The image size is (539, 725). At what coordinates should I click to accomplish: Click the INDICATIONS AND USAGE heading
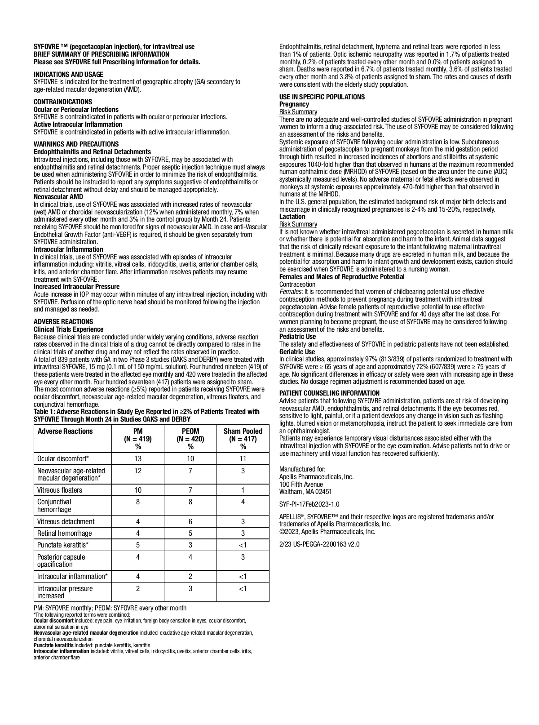tap(68, 75)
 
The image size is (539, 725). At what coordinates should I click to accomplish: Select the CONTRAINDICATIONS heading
tap(63, 102)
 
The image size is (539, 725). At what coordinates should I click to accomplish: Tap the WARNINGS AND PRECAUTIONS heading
tap(76, 144)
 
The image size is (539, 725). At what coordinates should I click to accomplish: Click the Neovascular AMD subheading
tap(58, 197)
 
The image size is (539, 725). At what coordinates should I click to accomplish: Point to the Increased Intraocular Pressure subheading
tap(77, 287)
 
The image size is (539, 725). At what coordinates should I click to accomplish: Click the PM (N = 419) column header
tap(138, 439)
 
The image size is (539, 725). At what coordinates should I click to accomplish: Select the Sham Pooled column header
tap(243, 439)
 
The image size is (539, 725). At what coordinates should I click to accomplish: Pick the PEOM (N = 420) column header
tap(190, 439)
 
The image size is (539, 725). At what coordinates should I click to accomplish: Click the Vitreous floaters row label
tap(60, 490)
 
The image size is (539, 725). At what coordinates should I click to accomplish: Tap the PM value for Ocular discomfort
tap(138, 459)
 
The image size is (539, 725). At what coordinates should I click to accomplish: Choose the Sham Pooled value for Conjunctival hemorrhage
tap(243, 502)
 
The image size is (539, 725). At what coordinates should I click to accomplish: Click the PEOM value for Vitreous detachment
tap(190, 522)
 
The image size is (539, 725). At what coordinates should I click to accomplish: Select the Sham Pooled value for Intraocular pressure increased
tap(243, 589)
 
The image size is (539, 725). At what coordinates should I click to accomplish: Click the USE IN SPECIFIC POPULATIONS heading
tap(322, 97)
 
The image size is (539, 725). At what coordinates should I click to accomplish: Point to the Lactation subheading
tap(292, 217)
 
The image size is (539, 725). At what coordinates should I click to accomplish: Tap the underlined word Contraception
tap(297, 285)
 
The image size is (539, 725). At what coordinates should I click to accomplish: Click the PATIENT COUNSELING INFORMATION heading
tap(329, 393)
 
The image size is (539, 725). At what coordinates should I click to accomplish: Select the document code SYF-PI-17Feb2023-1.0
tap(309, 504)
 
